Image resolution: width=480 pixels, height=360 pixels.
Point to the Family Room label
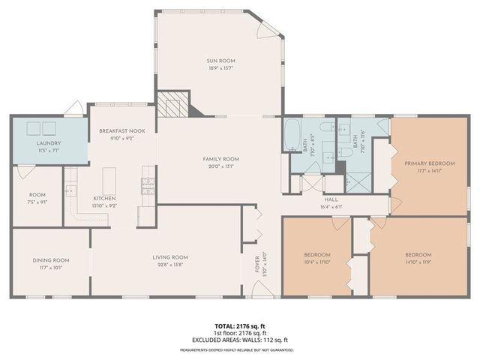(220, 159)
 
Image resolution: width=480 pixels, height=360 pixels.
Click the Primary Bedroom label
(429, 163)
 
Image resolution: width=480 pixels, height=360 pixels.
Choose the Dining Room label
(51, 259)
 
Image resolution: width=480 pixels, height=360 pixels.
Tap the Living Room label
(169, 257)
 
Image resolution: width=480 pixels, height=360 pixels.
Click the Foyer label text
(256, 265)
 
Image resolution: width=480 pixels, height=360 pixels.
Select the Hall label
(331, 200)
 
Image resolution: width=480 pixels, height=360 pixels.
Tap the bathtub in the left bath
(292, 135)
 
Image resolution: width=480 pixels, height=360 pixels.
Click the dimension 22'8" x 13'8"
(169, 265)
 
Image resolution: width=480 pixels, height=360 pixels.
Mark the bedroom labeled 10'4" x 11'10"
(317, 259)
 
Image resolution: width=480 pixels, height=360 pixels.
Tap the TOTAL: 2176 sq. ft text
(239, 326)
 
